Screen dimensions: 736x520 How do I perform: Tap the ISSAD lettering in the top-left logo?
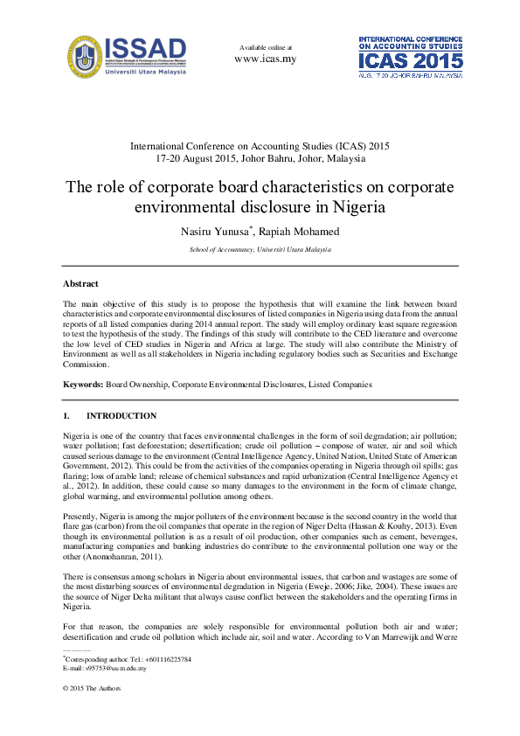(145, 47)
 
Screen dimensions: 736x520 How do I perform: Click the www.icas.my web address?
(265, 59)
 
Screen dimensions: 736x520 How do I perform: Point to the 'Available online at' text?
(265, 47)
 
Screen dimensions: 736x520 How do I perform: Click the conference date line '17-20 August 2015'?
(260, 159)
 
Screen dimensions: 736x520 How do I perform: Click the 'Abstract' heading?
(80, 284)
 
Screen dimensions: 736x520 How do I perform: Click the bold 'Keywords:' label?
(83, 384)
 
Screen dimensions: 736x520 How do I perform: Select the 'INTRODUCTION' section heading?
(121, 416)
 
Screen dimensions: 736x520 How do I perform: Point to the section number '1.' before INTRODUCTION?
(66, 416)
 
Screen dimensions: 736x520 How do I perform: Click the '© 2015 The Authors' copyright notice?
(92, 689)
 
